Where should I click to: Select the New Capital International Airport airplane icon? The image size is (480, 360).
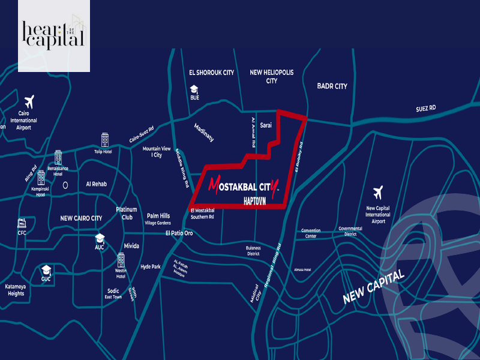[x=378, y=193]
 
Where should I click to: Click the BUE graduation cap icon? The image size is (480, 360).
[x=194, y=89]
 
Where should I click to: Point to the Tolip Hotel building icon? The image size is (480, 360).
[x=105, y=140]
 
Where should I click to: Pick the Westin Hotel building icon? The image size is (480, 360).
[x=121, y=259]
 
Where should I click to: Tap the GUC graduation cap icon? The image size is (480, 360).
[x=46, y=269]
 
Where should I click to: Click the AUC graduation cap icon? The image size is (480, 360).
[x=100, y=238]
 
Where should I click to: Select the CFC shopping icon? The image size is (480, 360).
[x=22, y=223]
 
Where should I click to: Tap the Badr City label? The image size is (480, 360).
[x=332, y=86]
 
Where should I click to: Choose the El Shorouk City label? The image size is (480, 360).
[x=211, y=73]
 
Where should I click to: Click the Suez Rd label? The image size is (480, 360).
[x=425, y=109]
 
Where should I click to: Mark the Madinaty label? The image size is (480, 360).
[x=204, y=133]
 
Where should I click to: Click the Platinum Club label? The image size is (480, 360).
[x=127, y=214]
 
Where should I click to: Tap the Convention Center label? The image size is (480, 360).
[x=311, y=233]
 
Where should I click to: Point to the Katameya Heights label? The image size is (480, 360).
[x=16, y=290]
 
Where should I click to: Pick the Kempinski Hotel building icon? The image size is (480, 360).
[x=41, y=178]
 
